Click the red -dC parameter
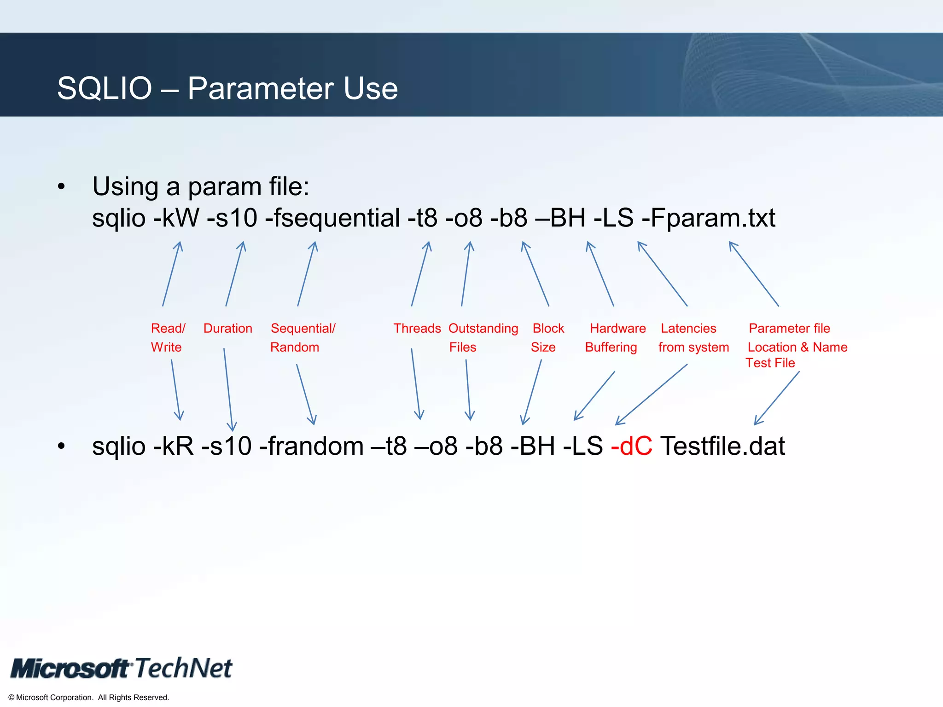(631, 446)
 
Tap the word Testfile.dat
(722, 446)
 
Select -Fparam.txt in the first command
(708, 218)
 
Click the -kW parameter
(176, 218)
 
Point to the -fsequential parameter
(332, 218)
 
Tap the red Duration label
(228, 328)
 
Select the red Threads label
(417, 328)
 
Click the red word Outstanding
(483, 328)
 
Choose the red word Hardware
(617, 328)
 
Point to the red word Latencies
(688, 328)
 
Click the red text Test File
(770, 363)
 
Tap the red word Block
(548, 328)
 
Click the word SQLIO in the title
(105, 88)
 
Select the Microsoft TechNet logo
(122, 668)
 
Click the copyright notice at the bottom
(89, 697)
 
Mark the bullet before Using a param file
(61, 187)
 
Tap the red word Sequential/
(303, 328)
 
